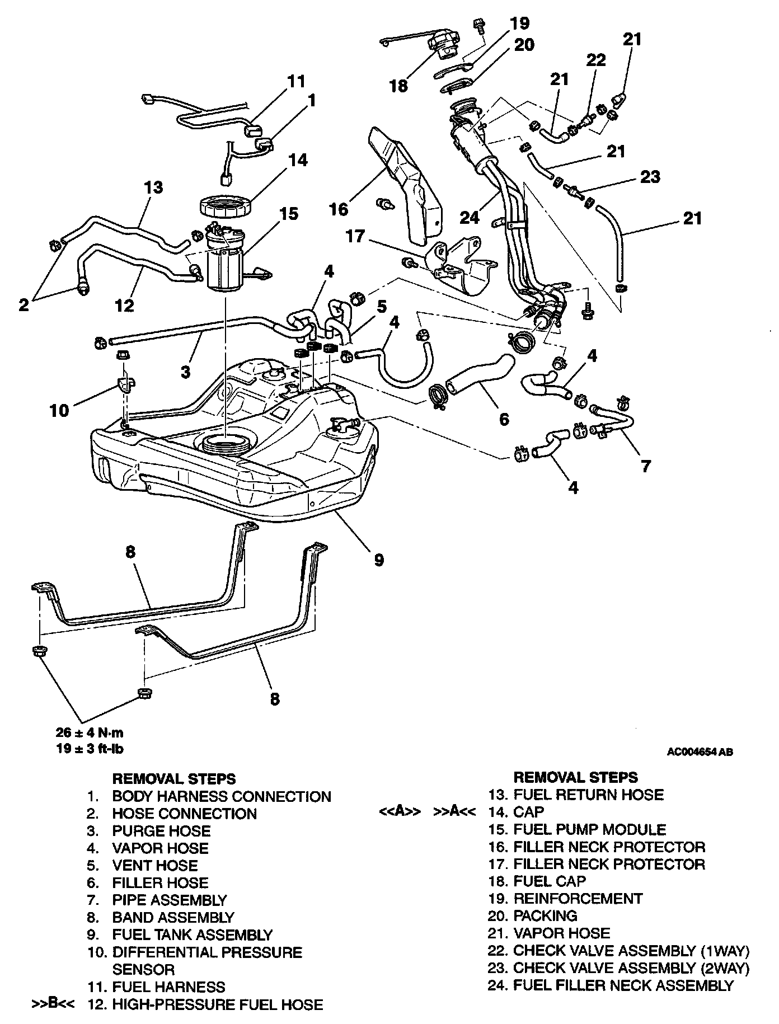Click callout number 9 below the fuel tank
[x=379, y=559]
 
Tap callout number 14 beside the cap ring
[x=298, y=161]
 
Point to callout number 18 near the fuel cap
[x=399, y=86]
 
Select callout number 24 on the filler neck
[x=470, y=216]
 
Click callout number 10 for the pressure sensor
[x=59, y=410]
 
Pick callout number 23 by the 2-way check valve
[x=650, y=177]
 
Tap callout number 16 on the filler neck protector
[x=339, y=209]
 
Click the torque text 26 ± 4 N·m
[x=90, y=732]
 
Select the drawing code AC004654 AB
[x=700, y=752]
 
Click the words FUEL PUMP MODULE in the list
[x=590, y=829]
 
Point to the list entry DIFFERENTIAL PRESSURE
[x=207, y=952]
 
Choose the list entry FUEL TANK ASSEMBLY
[x=192, y=934]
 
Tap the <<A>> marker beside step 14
[x=400, y=812]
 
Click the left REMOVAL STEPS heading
[x=174, y=778]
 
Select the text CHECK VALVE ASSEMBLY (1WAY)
[x=631, y=951]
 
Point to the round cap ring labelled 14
[x=226, y=207]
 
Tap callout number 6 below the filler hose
[x=504, y=419]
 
